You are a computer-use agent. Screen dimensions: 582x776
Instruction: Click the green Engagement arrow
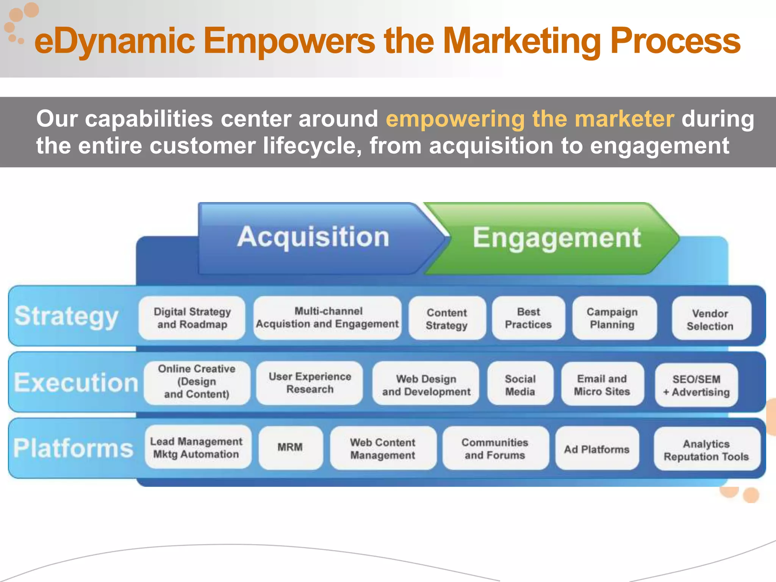(556, 238)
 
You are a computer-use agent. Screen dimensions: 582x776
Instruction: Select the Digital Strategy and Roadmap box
(192, 318)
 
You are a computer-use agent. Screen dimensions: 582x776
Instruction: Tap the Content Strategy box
(447, 318)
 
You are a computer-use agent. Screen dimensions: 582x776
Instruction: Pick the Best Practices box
(528, 318)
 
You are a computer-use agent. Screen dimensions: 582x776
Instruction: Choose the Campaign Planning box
(612, 318)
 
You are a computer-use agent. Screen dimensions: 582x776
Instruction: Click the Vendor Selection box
(710, 319)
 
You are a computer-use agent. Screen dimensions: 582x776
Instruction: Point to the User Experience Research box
(310, 383)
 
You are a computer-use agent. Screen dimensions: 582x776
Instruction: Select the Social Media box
(520, 385)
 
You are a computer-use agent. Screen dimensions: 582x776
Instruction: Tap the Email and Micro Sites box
(602, 385)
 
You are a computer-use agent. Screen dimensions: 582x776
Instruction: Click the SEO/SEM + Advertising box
(696, 385)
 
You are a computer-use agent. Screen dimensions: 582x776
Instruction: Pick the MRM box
(290, 447)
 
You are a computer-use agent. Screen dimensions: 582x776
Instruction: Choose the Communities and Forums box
(495, 448)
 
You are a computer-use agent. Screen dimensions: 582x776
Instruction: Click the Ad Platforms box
(596, 449)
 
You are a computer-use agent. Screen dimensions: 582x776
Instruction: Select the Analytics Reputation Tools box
(706, 450)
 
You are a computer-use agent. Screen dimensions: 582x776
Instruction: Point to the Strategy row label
(67, 316)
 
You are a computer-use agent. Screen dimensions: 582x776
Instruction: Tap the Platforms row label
(74, 448)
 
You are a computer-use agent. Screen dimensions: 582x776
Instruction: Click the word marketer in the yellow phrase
(624, 119)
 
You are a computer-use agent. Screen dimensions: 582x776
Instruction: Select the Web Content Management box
(383, 448)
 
